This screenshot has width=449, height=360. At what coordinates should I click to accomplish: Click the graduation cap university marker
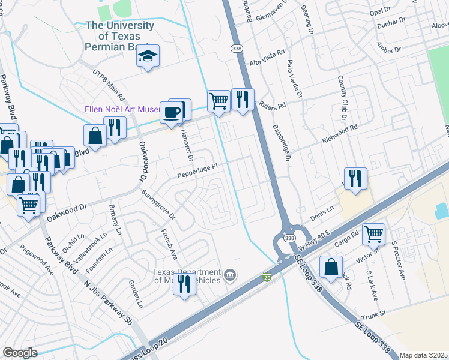click(148, 56)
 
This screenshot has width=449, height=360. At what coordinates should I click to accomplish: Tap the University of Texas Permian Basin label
click(120, 36)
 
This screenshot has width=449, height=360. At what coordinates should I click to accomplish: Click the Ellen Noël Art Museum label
click(123, 110)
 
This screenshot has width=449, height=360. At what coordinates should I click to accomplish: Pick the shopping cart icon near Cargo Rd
click(373, 234)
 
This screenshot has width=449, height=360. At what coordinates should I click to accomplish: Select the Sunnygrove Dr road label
click(158, 205)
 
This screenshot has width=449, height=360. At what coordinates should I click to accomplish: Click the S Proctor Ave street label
click(399, 260)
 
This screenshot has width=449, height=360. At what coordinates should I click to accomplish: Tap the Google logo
click(20, 353)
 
